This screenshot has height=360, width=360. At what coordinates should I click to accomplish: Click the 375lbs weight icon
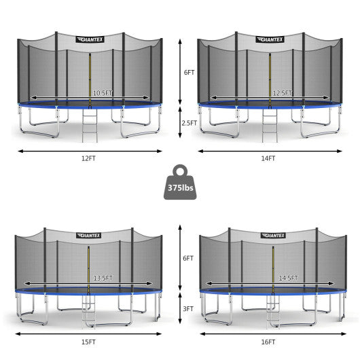(x=180, y=182)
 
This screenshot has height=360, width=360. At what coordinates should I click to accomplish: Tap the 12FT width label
(x=88, y=158)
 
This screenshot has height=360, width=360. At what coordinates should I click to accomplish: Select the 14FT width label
(x=268, y=158)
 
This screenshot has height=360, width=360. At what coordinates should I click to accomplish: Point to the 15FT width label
(x=88, y=342)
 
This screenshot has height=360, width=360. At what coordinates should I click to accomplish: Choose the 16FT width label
(x=268, y=342)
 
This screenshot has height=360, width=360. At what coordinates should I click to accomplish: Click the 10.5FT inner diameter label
(x=103, y=93)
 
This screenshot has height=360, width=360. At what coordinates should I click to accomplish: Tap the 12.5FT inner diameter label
(x=282, y=93)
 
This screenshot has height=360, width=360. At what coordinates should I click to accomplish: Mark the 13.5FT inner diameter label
(x=103, y=278)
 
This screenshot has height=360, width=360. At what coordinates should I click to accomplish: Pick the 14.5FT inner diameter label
(x=288, y=278)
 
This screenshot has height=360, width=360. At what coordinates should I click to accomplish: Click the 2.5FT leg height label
(x=190, y=123)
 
